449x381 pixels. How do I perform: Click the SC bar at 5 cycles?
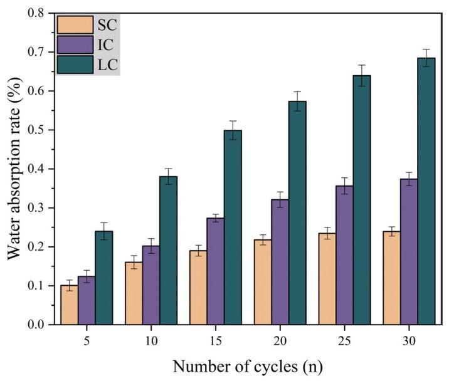[x=69, y=305]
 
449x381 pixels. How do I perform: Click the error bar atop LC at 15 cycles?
[x=233, y=130]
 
